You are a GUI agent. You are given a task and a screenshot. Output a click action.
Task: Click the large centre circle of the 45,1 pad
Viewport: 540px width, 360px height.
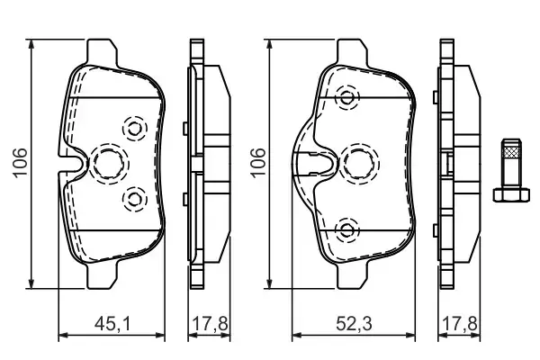pos(109,162)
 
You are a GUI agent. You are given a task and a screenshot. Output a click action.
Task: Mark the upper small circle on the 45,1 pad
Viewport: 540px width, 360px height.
pos(135,129)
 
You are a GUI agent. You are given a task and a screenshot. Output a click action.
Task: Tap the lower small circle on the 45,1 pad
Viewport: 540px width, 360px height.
pos(135,196)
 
